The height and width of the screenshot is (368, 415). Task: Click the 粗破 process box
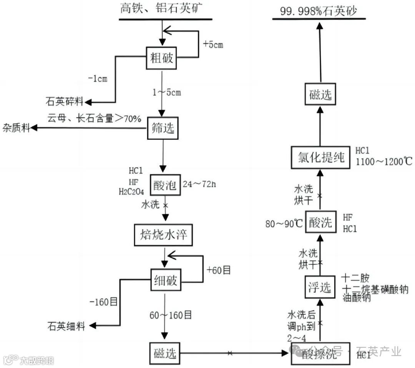(161, 58)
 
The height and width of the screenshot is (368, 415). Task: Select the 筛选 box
(161, 128)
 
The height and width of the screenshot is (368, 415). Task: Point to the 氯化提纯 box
(321, 157)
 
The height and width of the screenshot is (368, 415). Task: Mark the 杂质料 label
(16, 128)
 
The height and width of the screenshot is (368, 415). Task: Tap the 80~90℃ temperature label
(283, 223)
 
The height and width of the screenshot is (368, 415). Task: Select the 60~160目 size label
(171, 315)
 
